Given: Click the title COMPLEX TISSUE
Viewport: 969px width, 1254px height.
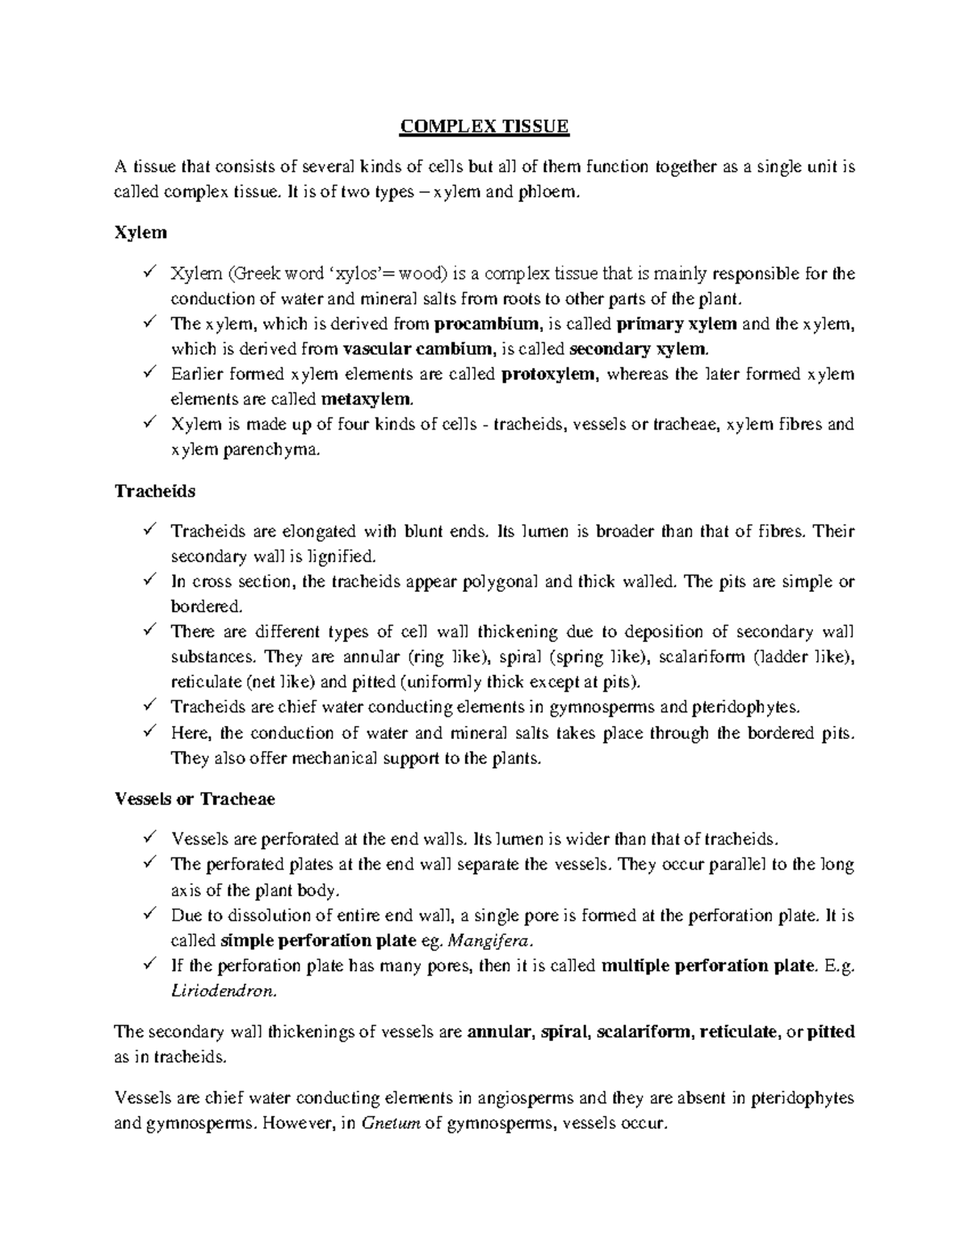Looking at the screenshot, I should pyautogui.click(x=485, y=127).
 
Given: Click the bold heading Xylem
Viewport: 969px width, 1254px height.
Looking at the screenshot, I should pyautogui.click(x=141, y=233).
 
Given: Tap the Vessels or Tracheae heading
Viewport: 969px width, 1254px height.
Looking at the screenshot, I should pyautogui.click(x=195, y=799).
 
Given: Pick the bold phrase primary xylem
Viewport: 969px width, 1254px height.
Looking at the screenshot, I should pyautogui.click(x=677, y=325).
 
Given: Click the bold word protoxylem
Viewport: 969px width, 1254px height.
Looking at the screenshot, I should pyautogui.click(x=551, y=374).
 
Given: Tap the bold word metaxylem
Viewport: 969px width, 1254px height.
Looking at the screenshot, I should pyautogui.click(x=367, y=399).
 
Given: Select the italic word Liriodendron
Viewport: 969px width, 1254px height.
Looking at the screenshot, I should pyautogui.click(x=224, y=991).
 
